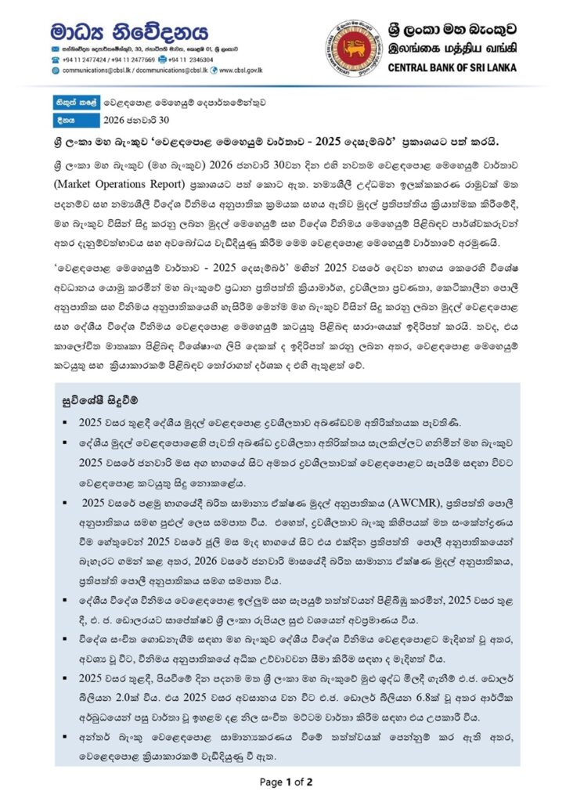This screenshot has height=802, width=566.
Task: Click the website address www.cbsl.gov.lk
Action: (x=240, y=70)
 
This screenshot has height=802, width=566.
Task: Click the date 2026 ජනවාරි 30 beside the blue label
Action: (x=136, y=121)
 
